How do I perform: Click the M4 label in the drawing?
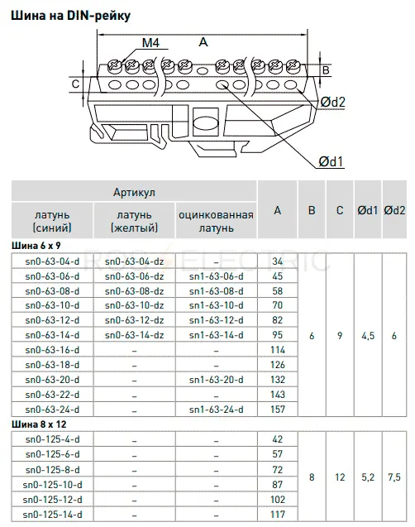pyautogui.click(x=150, y=43)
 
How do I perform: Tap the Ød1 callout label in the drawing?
pyautogui.click(x=331, y=161)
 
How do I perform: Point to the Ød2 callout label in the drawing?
pyautogui.click(x=332, y=102)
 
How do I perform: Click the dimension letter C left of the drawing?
pyautogui.click(x=75, y=84)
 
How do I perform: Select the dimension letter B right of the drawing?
pyautogui.click(x=326, y=69)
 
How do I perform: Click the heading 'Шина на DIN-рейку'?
pyautogui.click(x=71, y=16)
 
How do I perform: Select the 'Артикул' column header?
pyautogui.click(x=134, y=192)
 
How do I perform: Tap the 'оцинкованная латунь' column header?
pyautogui.click(x=216, y=222)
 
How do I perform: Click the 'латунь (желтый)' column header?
pyautogui.click(x=134, y=222)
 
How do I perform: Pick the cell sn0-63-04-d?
pyautogui.click(x=52, y=261)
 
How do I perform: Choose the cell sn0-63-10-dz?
pyautogui.click(x=134, y=305)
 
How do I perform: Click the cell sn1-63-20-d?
pyautogui.click(x=217, y=380)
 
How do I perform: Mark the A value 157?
pyautogui.click(x=278, y=410)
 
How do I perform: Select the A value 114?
pyautogui.click(x=278, y=350)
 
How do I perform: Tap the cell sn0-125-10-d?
pyautogui.click(x=52, y=485)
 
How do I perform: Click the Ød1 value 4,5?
pyautogui.click(x=368, y=336)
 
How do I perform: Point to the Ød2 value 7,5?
pyautogui.click(x=394, y=477)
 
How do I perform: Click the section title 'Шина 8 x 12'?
pyautogui.click(x=39, y=424)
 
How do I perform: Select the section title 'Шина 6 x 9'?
pyautogui.click(x=36, y=246)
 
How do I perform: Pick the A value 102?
pyautogui.click(x=278, y=500)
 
